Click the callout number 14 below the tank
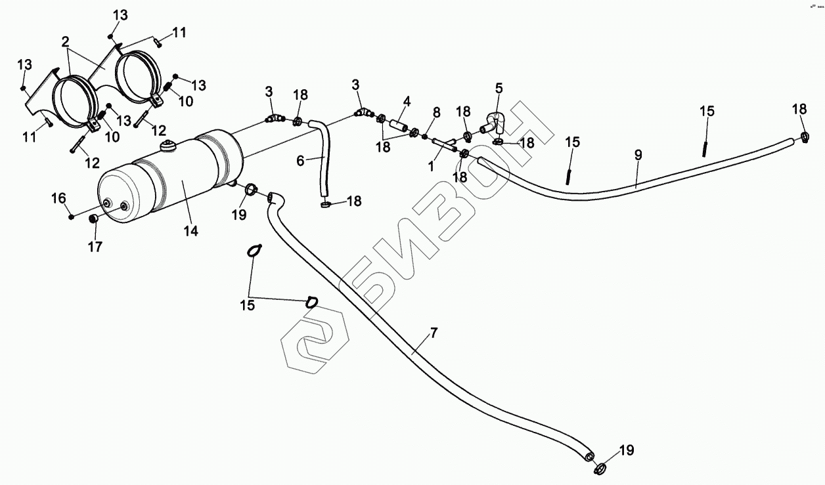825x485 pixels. (x=191, y=231)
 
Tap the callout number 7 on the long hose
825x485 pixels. (x=433, y=333)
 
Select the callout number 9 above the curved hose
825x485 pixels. (x=638, y=155)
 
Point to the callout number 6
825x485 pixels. (x=300, y=161)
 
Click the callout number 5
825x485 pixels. (x=499, y=87)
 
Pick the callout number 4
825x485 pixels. (x=407, y=102)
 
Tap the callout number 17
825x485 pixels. (x=96, y=247)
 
